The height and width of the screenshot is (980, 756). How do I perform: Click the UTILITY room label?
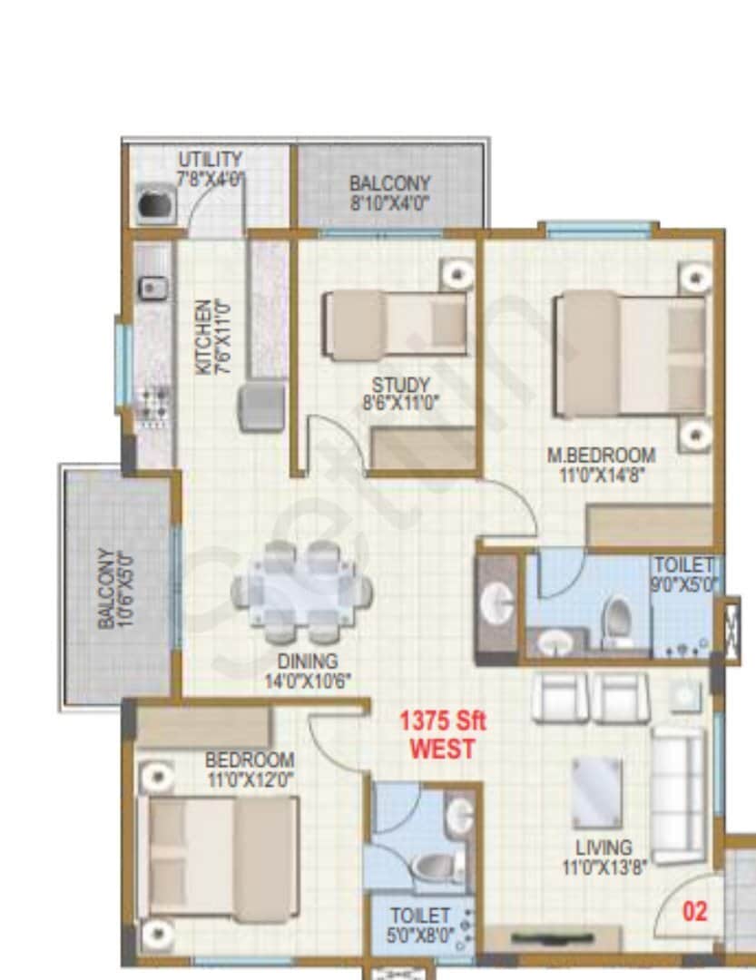pyautogui.click(x=211, y=161)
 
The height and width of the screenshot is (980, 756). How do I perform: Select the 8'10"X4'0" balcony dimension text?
pyautogui.click(x=390, y=202)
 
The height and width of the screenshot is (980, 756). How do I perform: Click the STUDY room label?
pyautogui.click(x=400, y=386)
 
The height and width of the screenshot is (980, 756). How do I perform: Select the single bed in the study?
pyautogui.click(x=396, y=324)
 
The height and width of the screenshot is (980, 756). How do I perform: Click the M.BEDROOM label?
pyautogui.click(x=601, y=456)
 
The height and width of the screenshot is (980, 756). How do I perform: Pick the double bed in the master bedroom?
pyautogui.click(x=632, y=354)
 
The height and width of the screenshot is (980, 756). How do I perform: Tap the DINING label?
pyautogui.click(x=308, y=661)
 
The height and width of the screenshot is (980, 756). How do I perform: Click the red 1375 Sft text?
pyautogui.click(x=443, y=722)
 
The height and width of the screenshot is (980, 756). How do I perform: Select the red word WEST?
pyautogui.click(x=442, y=750)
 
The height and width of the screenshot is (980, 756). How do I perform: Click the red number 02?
pyautogui.click(x=694, y=912)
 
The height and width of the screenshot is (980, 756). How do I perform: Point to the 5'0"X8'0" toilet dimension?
pyautogui.click(x=420, y=935)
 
